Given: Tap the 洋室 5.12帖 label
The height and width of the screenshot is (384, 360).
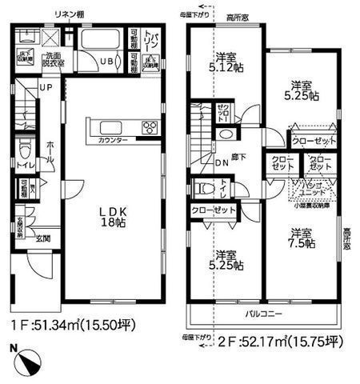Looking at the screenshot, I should [227, 62].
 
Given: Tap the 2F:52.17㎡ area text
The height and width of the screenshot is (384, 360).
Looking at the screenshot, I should [272, 342].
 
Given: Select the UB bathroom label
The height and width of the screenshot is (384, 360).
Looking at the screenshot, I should [106, 62].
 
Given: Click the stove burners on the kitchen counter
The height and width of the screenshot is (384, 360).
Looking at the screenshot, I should [149, 126].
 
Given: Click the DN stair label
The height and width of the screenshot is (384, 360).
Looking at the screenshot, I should [223, 166].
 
